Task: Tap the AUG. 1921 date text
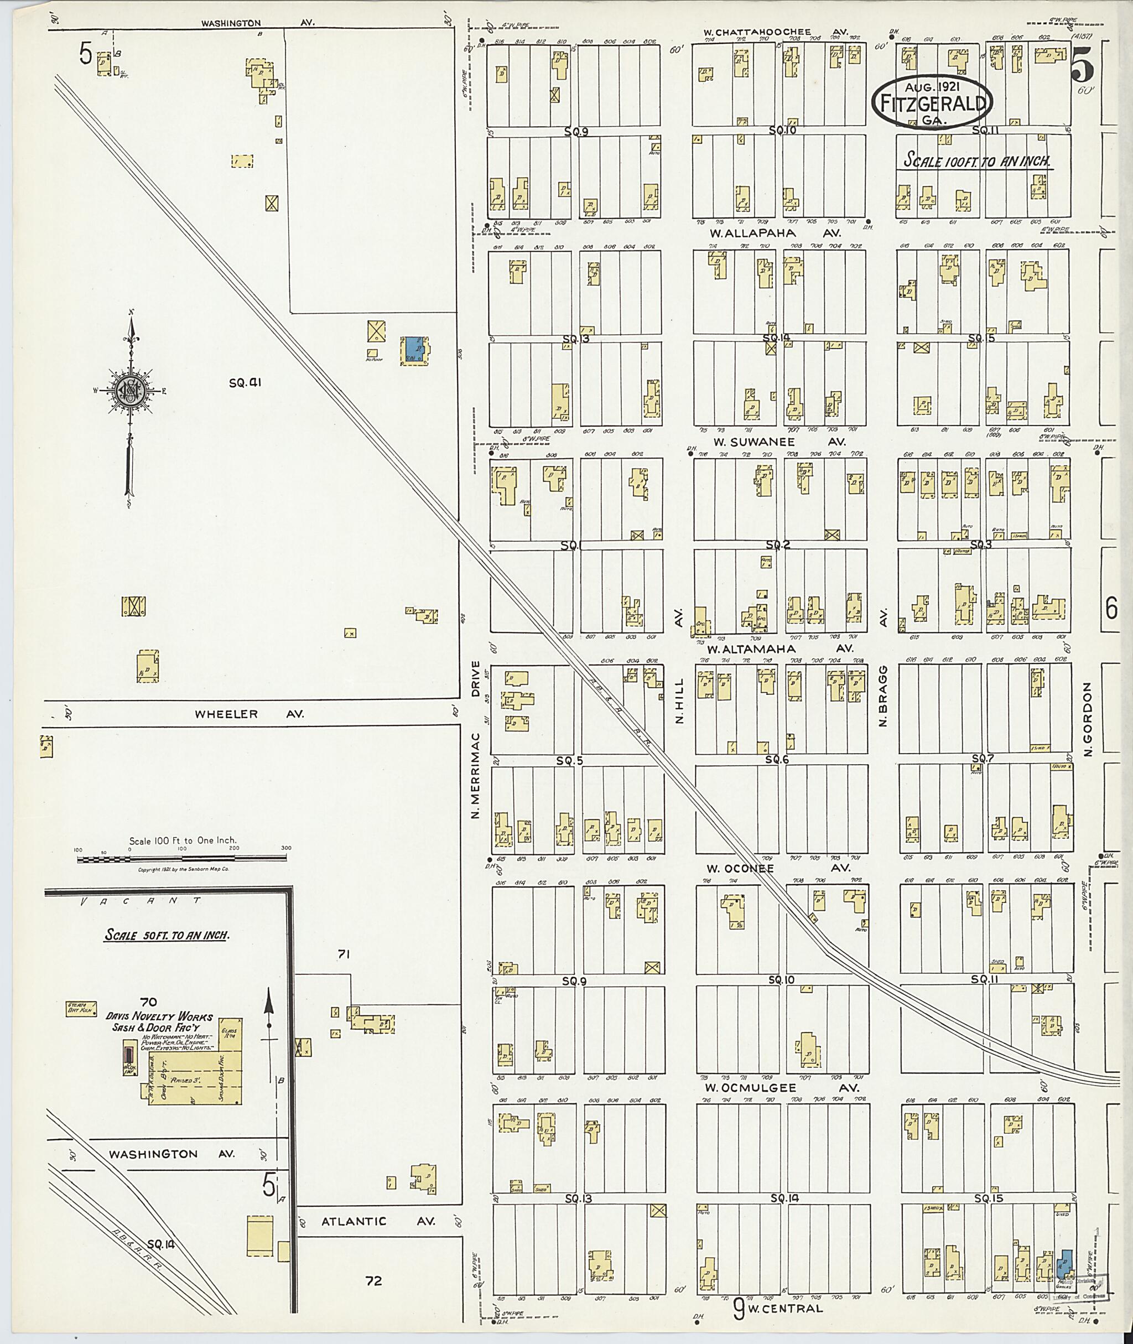point(932,87)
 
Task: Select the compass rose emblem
point(131,390)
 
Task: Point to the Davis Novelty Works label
point(159,1017)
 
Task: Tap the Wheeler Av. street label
point(249,714)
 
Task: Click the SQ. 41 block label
point(246,383)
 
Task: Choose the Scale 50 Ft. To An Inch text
point(167,935)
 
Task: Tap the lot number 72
point(373,1280)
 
